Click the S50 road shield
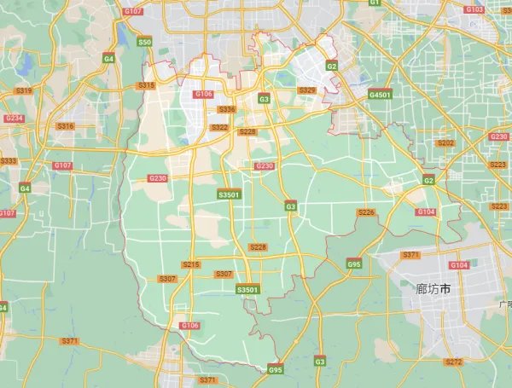coord(144,42)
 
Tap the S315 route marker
coord(146,85)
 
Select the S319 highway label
coord(23,91)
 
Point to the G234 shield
coord(14,119)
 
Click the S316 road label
coord(65,126)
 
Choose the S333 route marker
coord(9,161)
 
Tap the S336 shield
coord(226,109)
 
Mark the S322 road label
coord(219,127)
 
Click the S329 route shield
coord(306,90)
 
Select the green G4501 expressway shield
coord(380,95)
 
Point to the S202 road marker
coord(445,143)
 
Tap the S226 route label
coord(366,211)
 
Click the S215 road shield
coord(191,264)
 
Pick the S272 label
coord(453,362)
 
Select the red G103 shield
coord(474,9)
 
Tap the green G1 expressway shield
coord(374,3)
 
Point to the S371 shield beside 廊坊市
coord(410,255)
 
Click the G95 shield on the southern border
coord(275,370)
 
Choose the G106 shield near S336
coord(203,94)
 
